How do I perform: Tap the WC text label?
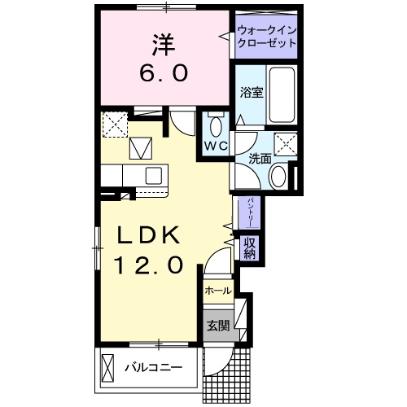215,146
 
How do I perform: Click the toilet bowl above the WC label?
215,126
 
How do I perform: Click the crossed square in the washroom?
284,144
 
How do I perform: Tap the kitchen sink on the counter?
154,176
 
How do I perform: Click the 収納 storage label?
249,247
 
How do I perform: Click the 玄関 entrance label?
217,326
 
